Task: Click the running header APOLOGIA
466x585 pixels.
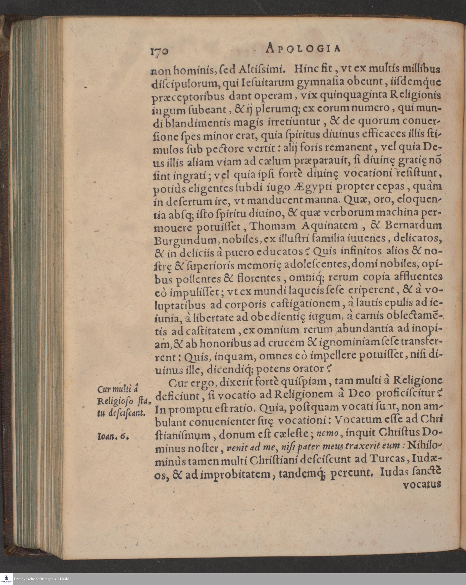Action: point(303,48)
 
